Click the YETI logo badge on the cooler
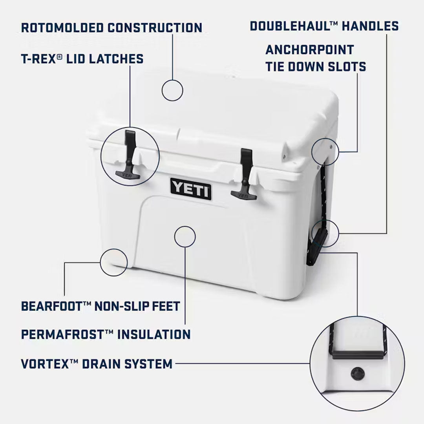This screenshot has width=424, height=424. (191, 189)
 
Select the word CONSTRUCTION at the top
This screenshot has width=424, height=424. (155, 27)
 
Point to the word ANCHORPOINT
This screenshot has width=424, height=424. (310, 50)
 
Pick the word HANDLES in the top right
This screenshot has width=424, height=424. (370, 26)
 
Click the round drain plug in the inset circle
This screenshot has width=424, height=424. (357, 373)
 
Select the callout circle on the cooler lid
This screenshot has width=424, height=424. (172, 90)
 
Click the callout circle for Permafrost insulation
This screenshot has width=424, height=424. (185, 236)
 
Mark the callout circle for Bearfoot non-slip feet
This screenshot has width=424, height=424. (114, 263)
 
